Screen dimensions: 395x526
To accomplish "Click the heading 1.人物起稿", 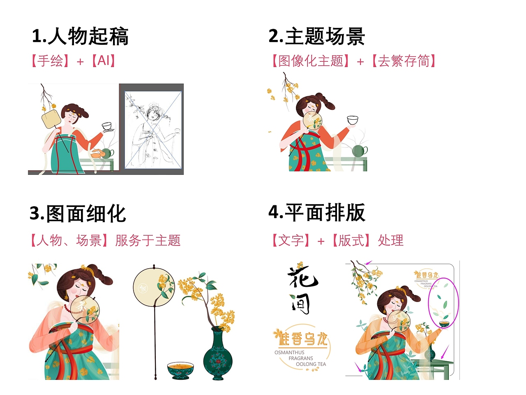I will coord(80,36).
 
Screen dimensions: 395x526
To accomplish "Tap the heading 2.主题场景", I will coord(316,36).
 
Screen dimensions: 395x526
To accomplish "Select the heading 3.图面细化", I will coord(78,214).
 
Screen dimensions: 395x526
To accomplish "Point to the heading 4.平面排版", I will coord(316,213).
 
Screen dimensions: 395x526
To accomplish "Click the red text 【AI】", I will coord(103,61).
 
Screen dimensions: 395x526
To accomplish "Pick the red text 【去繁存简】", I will coord(404,61).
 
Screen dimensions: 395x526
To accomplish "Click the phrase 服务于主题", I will coord(148,240).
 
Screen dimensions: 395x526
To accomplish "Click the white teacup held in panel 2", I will coord(353,120).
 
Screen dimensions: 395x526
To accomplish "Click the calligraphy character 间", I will coord(300,304).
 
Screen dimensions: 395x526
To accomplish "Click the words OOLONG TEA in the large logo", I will coord(311,364).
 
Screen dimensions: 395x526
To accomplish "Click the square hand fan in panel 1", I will coord(51,120).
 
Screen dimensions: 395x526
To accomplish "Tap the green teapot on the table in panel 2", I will coord(359,151).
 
